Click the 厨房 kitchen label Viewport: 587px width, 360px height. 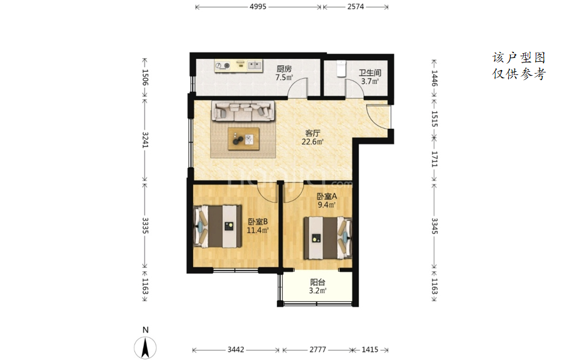(x=284, y=69)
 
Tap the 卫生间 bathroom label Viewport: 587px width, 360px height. (x=370, y=73)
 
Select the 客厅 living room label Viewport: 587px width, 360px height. (x=313, y=133)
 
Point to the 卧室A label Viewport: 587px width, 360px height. (x=327, y=196)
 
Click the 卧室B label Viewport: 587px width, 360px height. (x=258, y=221)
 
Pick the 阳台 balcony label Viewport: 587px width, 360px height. (x=318, y=282)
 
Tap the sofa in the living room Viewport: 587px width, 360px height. (x=244, y=111)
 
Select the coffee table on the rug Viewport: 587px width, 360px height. (x=244, y=139)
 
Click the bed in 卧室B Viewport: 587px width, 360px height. (x=218, y=226)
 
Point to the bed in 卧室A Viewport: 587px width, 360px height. (x=328, y=238)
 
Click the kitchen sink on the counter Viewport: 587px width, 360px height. (x=254, y=66)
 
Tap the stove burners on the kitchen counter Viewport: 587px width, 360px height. (x=222, y=66)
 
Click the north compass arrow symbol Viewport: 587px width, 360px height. (x=146, y=347)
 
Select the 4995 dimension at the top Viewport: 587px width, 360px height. (x=258, y=7)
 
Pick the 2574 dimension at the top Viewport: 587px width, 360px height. (x=355, y=7)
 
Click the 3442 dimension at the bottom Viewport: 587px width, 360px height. (x=236, y=349)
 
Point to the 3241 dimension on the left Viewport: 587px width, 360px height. (x=145, y=139)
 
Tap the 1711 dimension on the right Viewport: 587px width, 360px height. (x=434, y=159)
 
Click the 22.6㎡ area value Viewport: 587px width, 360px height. (x=313, y=142)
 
